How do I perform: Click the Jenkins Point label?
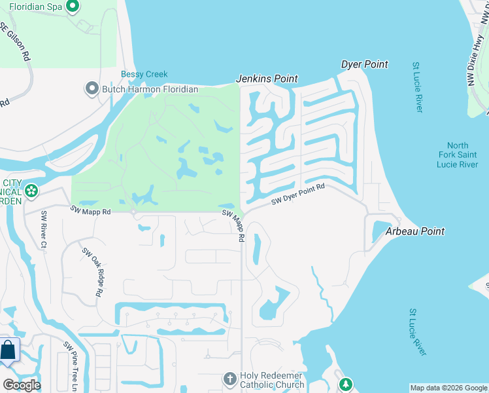(267, 79)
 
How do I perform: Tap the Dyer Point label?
(365, 64)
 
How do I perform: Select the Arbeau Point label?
(415, 231)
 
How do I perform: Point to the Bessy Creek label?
(144, 74)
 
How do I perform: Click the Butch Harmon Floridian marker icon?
(92, 88)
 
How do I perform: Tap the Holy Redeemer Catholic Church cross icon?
(229, 379)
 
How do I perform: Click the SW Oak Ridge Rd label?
(92, 272)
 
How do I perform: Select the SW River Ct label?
(44, 230)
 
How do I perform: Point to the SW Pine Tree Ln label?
(70, 366)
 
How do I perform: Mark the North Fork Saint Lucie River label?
(458, 155)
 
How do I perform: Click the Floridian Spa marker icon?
(73, 7)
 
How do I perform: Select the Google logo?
(22, 384)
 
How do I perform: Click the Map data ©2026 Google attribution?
(448, 388)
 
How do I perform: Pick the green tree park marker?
(345, 384)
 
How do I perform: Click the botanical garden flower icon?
(30, 191)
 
